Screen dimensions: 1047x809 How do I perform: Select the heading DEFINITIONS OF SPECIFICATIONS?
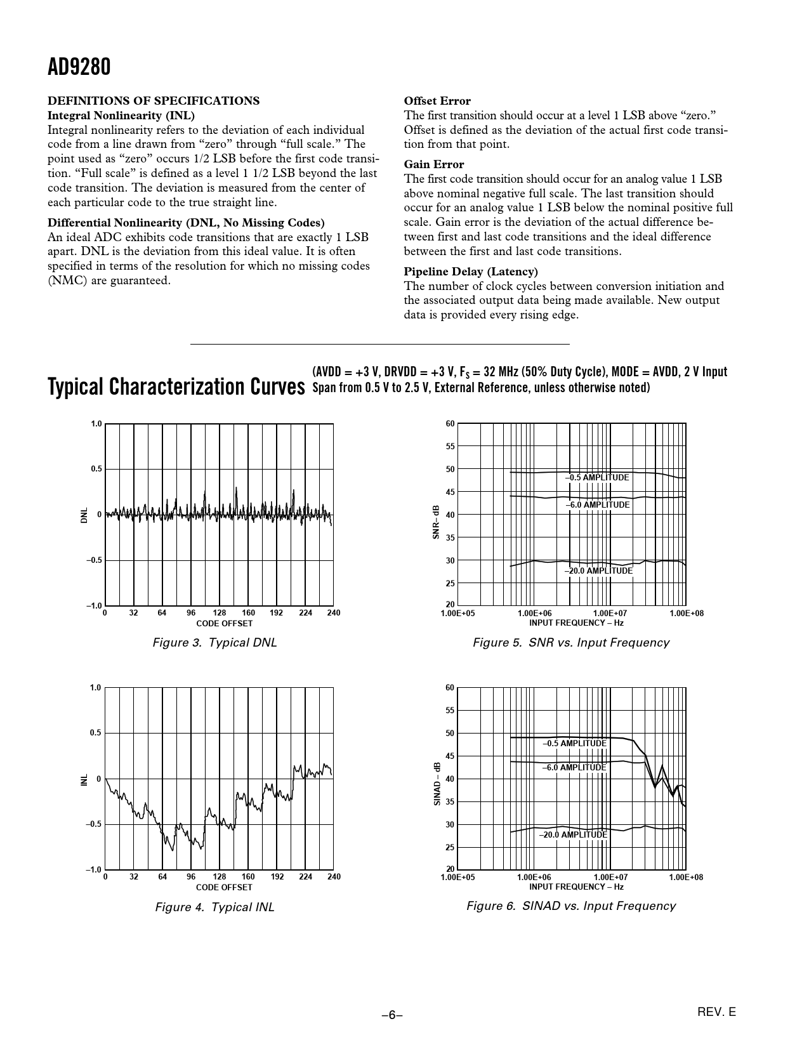[154, 101]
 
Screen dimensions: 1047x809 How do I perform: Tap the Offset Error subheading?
[437, 101]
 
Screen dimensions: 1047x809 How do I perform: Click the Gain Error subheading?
[434, 164]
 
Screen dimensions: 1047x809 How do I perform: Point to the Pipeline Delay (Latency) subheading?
[471, 272]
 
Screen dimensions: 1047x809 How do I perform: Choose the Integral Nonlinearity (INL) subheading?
[121, 115]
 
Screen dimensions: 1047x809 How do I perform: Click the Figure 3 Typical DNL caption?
[215, 643]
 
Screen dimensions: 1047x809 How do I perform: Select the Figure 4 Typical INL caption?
[215, 907]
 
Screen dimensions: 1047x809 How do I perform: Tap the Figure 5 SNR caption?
[571, 643]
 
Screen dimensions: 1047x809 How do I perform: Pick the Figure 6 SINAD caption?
[571, 906]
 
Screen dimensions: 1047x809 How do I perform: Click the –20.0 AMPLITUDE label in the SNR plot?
[599, 571]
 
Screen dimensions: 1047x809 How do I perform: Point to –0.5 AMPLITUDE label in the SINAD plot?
[575, 743]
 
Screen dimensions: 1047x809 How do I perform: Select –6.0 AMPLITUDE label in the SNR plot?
[598, 505]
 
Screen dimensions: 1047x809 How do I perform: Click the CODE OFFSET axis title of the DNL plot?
[224, 624]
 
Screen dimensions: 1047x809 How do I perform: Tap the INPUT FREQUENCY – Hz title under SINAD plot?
[576, 887]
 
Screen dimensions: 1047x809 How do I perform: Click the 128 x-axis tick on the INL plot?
[220, 877]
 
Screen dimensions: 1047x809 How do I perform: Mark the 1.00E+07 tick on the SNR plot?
[610, 614]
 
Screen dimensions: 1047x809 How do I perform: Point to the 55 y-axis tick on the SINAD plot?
[450, 711]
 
